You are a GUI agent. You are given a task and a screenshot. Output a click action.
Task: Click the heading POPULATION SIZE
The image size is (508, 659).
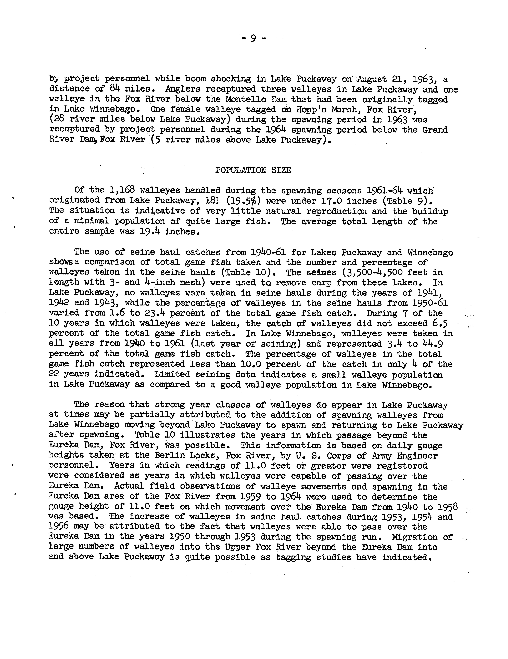point(253,170)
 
